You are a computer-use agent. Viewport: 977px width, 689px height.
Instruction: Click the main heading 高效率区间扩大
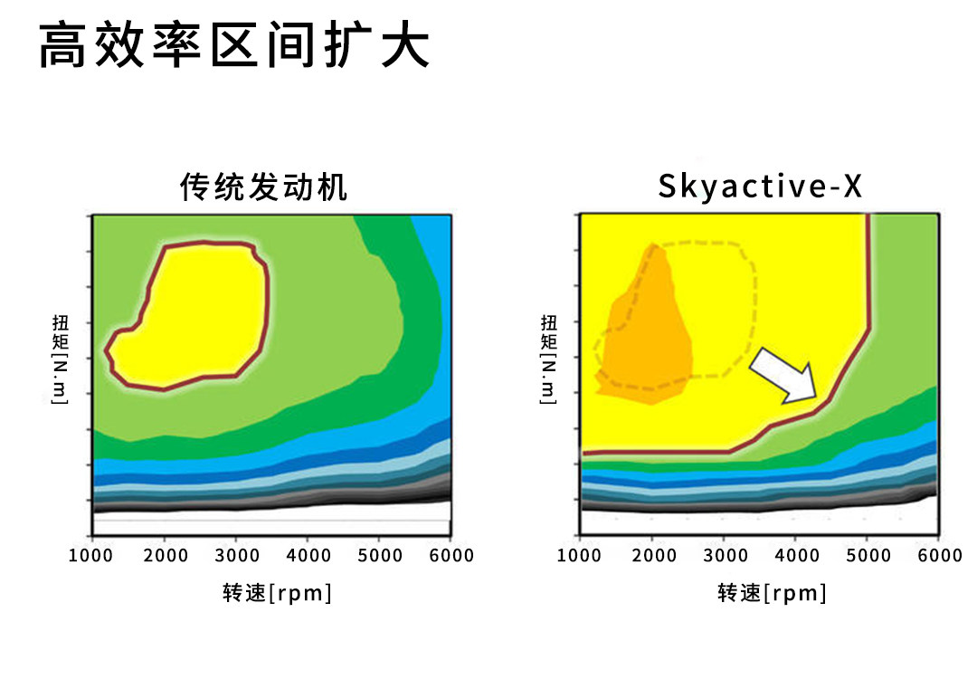pos(233,45)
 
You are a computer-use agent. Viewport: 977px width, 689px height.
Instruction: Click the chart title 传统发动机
pos(264,187)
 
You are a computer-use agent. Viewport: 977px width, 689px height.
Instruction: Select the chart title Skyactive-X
pos(760,187)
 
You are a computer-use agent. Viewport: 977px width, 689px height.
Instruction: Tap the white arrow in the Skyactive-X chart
pos(784,374)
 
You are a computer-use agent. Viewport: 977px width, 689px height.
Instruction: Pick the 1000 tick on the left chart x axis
pos(92,555)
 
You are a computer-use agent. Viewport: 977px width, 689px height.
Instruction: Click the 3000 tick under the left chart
pos(236,555)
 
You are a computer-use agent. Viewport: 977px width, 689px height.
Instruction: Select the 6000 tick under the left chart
pos(451,555)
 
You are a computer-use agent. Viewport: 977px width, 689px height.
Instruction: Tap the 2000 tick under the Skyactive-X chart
pos(652,555)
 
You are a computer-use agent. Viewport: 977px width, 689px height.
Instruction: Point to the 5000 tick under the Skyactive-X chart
pos(867,555)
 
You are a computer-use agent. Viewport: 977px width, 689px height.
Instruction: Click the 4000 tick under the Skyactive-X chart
pos(795,555)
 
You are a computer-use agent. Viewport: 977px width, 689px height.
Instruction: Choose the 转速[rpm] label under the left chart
pos(277,593)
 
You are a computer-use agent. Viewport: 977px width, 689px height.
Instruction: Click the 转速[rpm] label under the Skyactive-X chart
pos(773,593)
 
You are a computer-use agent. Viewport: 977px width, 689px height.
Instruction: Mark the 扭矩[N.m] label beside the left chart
pos(61,359)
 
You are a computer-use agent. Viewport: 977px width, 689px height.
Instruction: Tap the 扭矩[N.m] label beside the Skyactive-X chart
pos(549,359)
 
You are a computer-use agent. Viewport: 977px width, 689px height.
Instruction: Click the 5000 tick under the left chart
pos(379,555)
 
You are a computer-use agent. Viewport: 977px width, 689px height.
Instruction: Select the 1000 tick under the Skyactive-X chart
pos(580,555)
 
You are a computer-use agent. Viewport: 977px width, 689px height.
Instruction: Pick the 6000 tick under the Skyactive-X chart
pos(939,555)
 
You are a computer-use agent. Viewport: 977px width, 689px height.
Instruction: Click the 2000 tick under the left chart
pos(165,555)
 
